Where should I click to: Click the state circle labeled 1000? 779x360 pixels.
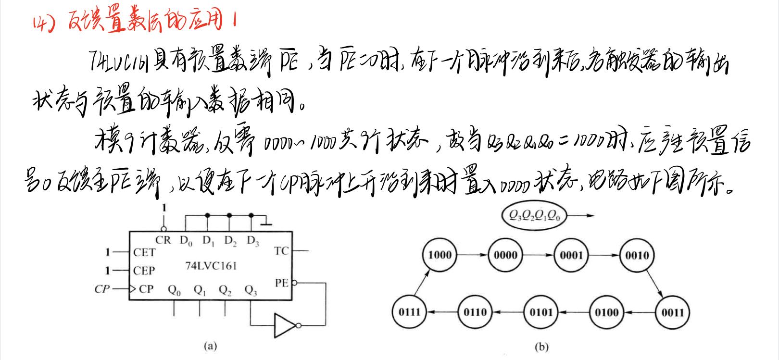[440, 255]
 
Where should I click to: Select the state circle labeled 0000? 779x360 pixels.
[505, 255]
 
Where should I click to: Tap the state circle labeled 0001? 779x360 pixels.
[571, 255]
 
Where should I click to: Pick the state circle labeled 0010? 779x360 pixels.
[637, 255]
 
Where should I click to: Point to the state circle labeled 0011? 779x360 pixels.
[672, 312]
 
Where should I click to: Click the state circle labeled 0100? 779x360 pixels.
[606, 312]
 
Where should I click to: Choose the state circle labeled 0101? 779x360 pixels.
[540, 312]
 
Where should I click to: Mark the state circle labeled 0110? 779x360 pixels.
[475, 312]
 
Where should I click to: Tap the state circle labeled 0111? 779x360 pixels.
[409, 312]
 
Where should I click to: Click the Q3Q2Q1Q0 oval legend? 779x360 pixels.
[533, 216]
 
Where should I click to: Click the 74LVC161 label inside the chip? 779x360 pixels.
[211, 266]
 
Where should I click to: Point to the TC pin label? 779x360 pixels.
[281, 250]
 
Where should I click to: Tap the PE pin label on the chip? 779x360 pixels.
[281, 283]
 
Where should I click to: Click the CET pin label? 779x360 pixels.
[144, 252]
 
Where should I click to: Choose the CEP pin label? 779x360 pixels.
[144, 271]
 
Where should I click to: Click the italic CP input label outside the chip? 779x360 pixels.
[101, 289]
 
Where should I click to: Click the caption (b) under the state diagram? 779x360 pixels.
[541, 347]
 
